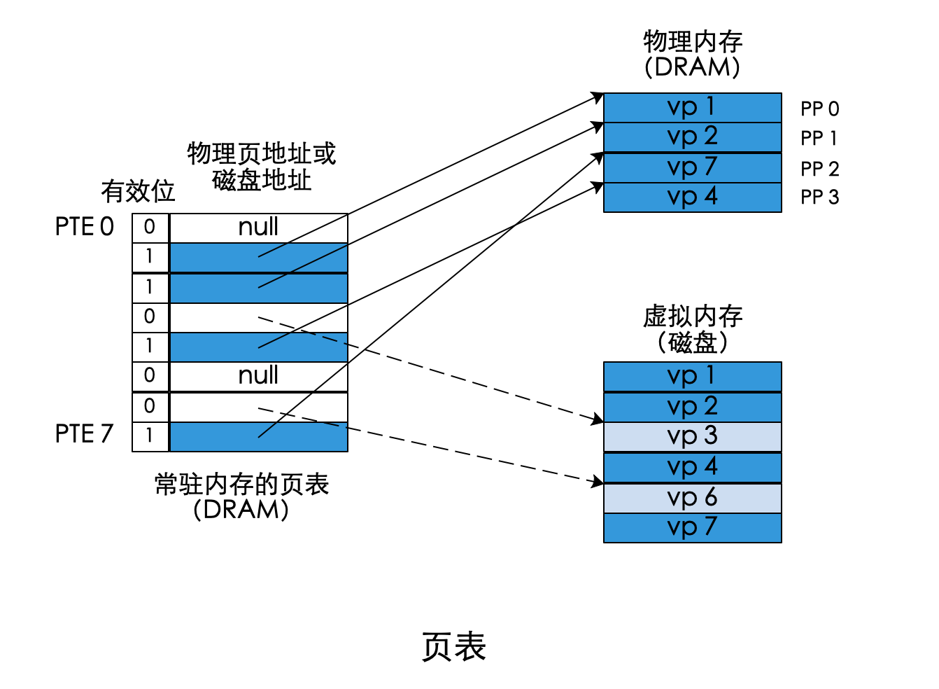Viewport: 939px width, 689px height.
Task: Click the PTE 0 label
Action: [84, 227]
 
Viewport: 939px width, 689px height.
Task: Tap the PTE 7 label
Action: [84, 434]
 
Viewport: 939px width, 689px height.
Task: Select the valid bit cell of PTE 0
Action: [150, 227]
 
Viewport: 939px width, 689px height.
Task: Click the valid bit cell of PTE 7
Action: [150, 436]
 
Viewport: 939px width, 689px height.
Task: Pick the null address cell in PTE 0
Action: [258, 227]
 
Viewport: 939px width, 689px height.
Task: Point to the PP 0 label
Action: [819, 109]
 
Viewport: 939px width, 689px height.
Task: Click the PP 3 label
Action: [819, 197]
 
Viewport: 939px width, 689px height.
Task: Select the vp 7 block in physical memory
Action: [692, 167]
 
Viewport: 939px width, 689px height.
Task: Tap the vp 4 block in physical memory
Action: [692, 197]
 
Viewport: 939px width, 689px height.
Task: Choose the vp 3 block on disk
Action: [692, 436]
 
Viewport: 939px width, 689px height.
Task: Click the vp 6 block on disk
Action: [692, 498]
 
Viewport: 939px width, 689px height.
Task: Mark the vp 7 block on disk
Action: [692, 527]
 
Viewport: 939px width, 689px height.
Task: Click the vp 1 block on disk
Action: [692, 376]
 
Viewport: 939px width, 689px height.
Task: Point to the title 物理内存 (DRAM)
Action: [692, 54]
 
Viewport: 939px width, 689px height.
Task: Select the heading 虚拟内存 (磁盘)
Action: [692, 329]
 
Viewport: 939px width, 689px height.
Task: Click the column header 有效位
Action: [138, 191]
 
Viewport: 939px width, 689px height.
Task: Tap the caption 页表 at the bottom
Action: [454, 646]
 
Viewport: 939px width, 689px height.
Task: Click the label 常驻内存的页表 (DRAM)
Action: [241, 496]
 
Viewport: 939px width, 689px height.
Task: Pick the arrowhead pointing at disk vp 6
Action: [598, 482]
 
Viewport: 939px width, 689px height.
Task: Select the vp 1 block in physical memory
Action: [692, 107]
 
